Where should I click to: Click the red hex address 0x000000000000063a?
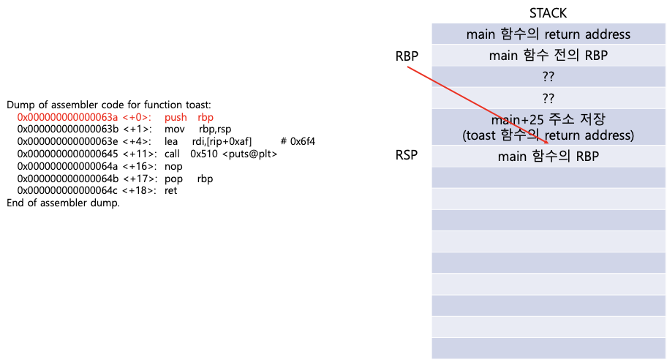tap(67, 117)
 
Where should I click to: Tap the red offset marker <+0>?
tap(137, 117)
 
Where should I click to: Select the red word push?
tap(176, 117)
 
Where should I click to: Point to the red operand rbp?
tap(206, 117)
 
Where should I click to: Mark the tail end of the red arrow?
tap(407, 67)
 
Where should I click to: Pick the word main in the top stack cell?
tap(481, 34)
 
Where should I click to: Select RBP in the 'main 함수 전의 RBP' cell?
tap(594, 56)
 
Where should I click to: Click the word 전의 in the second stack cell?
tap(564, 56)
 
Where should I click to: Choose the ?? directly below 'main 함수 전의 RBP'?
tap(548, 77)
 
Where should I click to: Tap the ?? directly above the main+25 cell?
tap(548, 98)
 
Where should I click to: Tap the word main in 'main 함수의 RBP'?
tap(512, 156)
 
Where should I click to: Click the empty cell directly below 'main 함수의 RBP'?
tap(548, 178)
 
